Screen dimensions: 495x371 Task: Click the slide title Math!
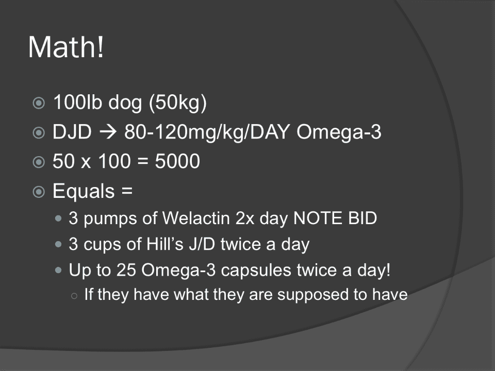point(66,47)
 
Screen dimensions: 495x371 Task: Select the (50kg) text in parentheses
point(178,103)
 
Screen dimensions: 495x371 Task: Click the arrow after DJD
point(108,132)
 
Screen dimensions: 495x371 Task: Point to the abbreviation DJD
point(72,131)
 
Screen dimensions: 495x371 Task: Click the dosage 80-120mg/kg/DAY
point(207,132)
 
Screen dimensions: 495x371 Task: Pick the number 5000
point(177,161)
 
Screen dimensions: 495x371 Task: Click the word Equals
point(84,191)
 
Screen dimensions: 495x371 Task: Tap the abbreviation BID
point(362,218)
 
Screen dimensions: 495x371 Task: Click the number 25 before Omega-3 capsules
point(126,270)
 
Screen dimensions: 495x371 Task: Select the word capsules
point(256,271)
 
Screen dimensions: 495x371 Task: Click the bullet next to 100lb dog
point(39,103)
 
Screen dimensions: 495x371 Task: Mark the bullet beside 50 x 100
point(39,162)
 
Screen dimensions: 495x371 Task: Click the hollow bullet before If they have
point(74,296)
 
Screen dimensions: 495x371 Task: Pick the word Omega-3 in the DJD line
point(339,132)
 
